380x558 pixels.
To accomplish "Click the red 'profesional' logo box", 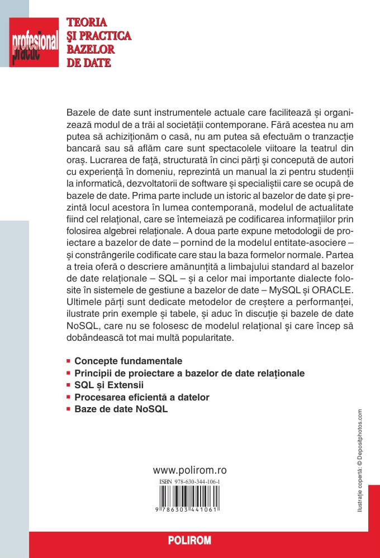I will pos(34,42).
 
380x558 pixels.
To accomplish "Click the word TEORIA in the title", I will pos(87,23).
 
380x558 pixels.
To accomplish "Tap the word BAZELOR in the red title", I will pos(91,49).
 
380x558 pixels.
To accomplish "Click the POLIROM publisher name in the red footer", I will pos(190,541).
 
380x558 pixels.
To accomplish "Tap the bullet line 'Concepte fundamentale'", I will pos(128,361).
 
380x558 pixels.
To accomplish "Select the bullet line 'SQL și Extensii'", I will pos(109,385).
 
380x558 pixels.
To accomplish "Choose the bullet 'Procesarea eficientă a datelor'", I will pos(142,397).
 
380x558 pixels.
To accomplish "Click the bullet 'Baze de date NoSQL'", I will pos(121,409).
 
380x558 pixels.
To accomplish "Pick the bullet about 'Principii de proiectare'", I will pos(189,373).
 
